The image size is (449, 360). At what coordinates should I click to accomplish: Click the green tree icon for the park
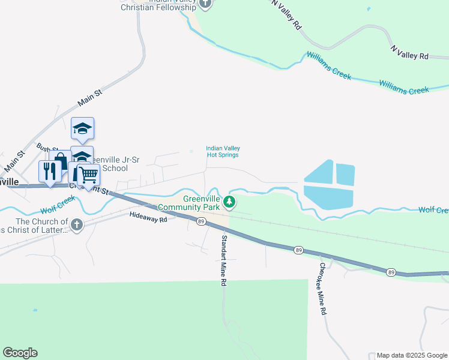(229, 202)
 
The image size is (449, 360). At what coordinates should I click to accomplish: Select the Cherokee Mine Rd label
(324, 289)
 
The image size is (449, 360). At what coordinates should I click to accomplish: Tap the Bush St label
(44, 147)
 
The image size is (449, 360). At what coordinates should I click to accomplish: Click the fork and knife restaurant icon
(48, 170)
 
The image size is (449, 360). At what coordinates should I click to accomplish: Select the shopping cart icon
(88, 175)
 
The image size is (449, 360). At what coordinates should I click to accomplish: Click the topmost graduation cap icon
(82, 127)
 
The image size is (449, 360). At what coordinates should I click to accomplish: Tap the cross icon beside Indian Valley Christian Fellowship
(206, 3)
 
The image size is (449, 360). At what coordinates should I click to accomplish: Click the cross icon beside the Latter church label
(76, 225)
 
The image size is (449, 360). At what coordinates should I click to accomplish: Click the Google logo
(20, 353)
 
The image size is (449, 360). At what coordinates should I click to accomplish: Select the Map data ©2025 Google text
(412, 355)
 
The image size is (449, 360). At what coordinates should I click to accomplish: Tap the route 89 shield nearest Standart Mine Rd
(200, 221)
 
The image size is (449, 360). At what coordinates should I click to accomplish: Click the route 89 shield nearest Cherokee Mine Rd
(298, 250)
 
